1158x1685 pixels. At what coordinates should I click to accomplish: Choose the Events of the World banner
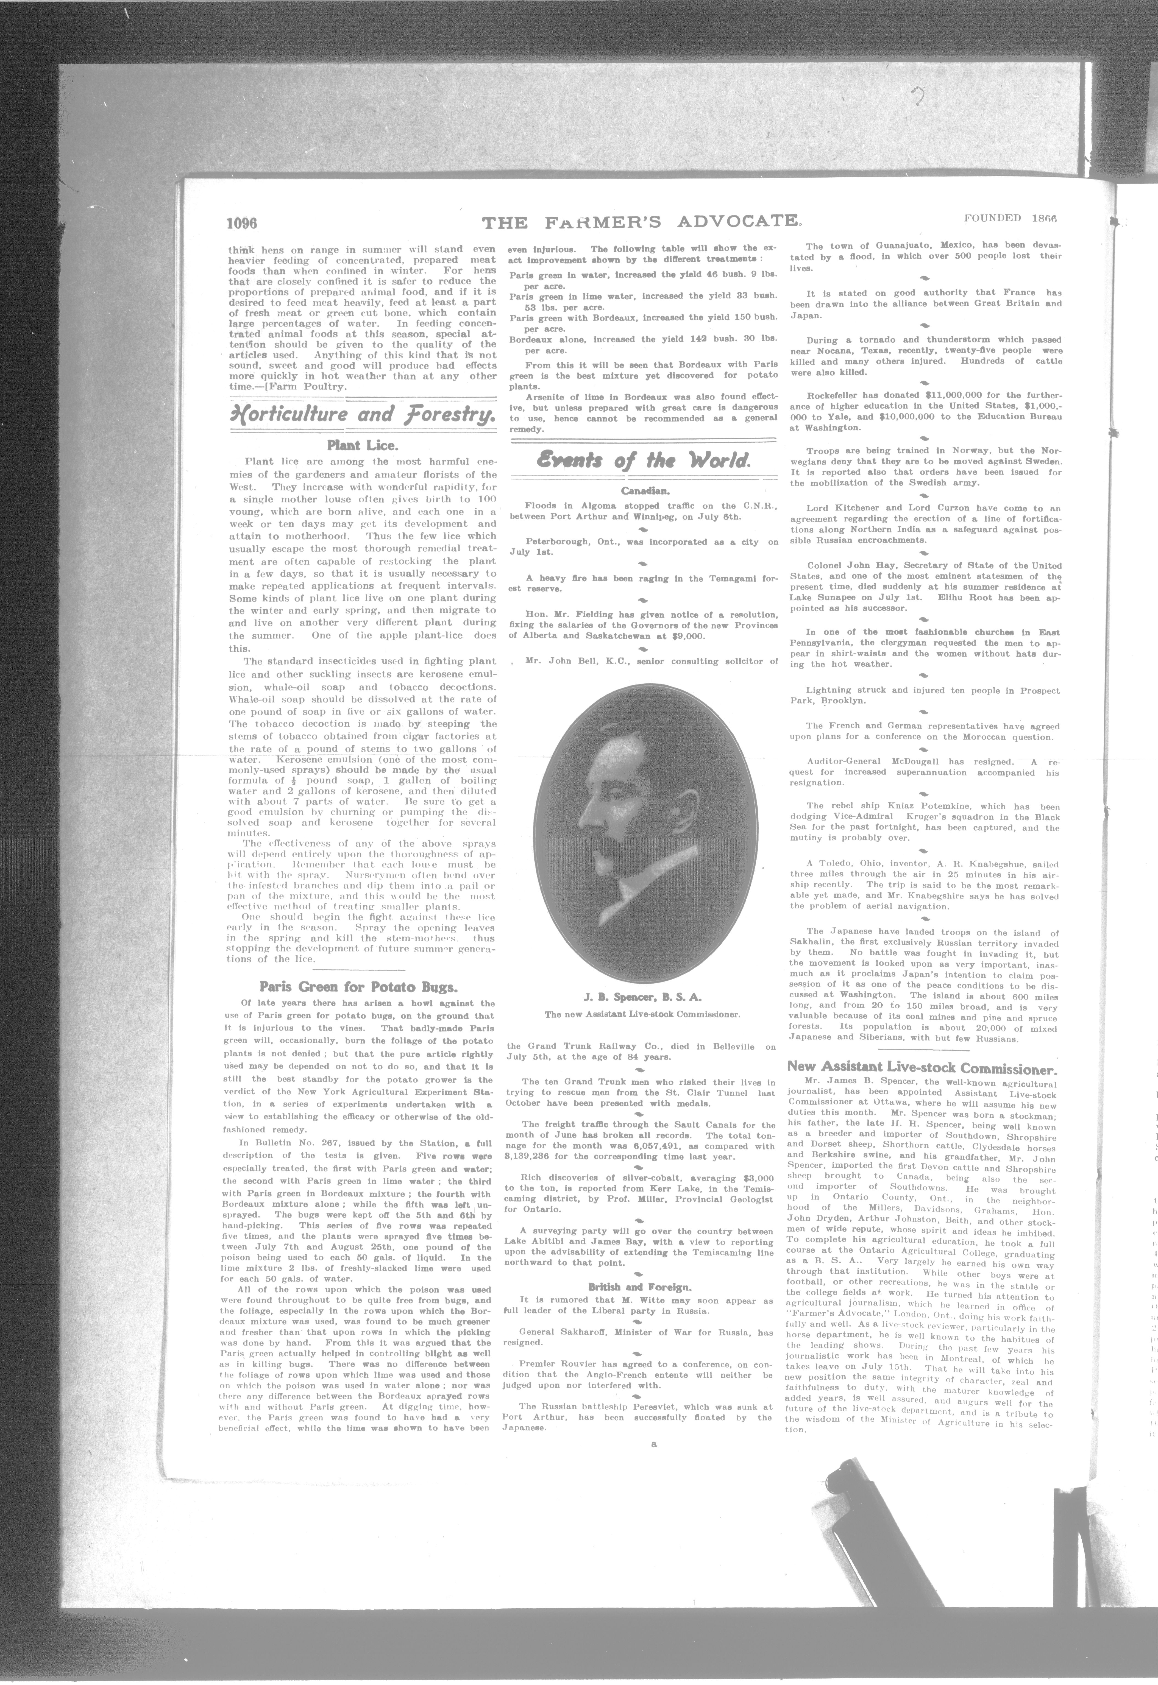(643, 460)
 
